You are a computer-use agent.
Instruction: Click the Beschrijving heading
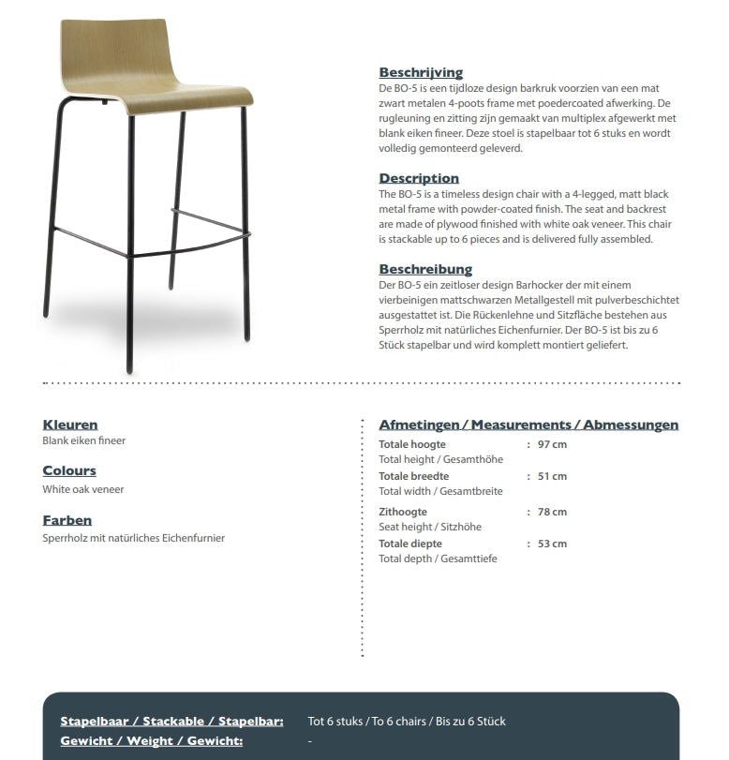[x=421, y=72]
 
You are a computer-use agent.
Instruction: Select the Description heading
[x=419, y=178]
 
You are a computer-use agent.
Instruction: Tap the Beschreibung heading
[x=425, y=269]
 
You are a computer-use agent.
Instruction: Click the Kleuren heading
[x=70, y=425]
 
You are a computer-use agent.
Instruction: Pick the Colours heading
[x=69, y=470]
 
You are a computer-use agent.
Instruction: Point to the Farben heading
[x=67, y=520]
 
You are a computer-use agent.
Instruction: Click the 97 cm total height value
[x=552, y=444]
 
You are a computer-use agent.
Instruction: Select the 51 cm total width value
[x=552, y=476]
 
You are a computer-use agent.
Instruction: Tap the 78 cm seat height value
[x=552, y=512]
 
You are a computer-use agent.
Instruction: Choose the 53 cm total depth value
[x=552, y=544]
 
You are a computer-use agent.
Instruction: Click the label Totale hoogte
[x=412, y=444]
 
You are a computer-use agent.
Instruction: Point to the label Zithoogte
[x=403, y=512]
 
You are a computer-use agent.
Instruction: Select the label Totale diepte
[x=410, y=544]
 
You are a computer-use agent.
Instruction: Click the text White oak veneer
[x=83, y=489]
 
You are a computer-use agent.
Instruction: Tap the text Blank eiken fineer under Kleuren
[x=84, y=440]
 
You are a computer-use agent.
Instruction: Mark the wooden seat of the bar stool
[x=187, y=100]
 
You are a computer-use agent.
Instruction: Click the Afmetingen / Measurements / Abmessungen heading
[x=528, y=425]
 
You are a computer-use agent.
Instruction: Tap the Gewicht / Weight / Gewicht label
[x=152, y=741]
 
